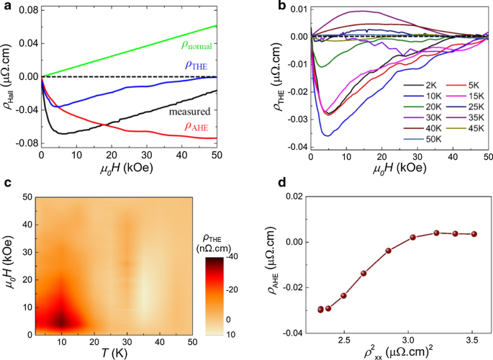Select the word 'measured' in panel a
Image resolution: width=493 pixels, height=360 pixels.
191,112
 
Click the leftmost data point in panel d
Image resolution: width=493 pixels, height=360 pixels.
321,309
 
